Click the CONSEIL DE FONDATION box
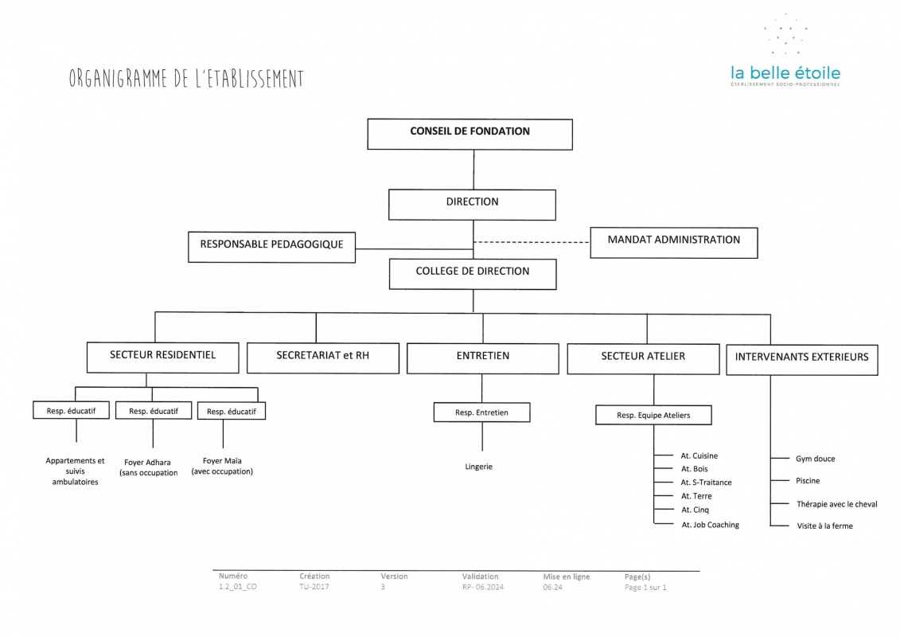469,135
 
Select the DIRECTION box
472,205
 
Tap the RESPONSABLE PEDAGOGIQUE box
271,247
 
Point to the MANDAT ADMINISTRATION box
674,242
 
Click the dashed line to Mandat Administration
532,242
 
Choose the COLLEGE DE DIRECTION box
473,274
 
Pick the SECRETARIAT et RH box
322,358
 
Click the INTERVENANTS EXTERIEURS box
802,360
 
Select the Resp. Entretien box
481,412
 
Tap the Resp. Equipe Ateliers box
653,416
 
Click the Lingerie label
479,467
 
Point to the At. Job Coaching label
710,525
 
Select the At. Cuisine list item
699,455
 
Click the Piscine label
808,481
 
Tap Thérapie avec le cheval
837,504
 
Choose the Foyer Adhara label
149,467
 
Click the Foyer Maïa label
222,466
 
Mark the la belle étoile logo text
785,73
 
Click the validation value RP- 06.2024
483,587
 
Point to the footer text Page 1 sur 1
645,587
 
